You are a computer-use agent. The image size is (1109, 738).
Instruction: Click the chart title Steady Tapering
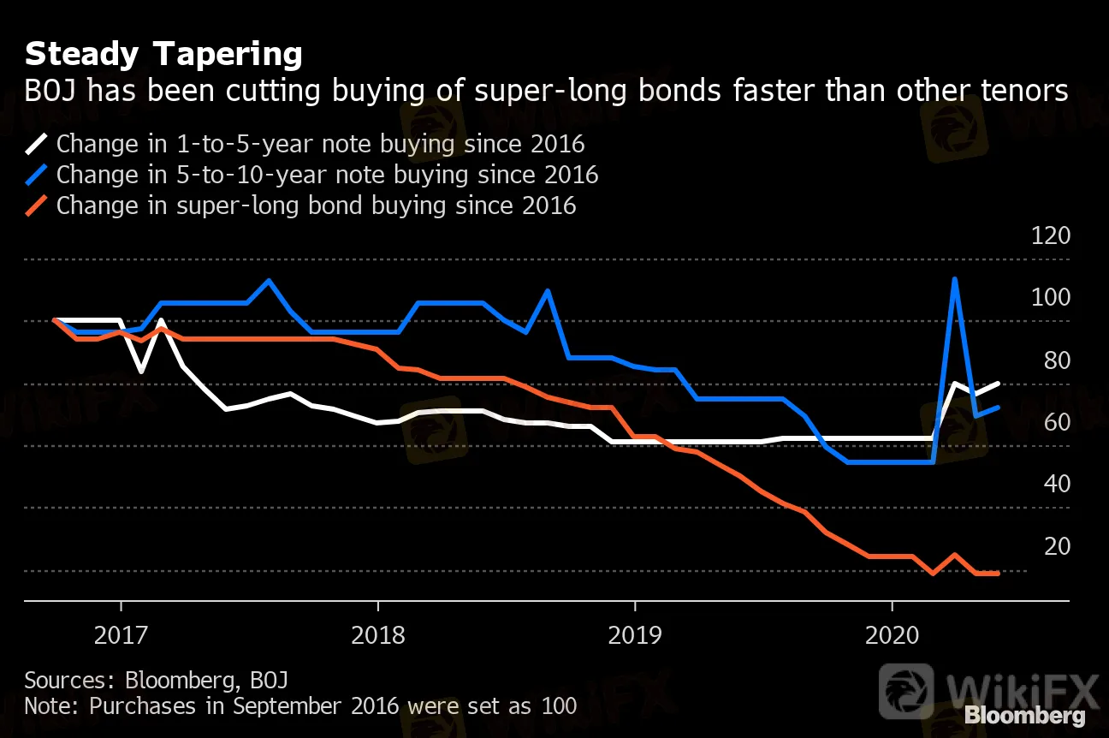pos(163,55)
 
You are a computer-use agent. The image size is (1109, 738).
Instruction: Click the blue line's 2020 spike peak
pos(953,280)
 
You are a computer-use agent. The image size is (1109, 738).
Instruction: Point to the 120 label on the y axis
pos(1051,235)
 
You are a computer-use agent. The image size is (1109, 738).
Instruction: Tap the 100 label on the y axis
pos(1051,298)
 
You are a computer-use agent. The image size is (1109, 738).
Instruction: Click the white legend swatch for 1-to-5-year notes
pos(38,144)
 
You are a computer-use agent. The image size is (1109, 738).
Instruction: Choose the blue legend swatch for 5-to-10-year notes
pos(38,175)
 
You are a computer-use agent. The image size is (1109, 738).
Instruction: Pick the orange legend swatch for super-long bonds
pos(38,206)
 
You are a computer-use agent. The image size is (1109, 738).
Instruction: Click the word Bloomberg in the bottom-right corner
pos(1025,716)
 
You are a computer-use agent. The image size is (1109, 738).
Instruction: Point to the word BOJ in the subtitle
pos(50,90)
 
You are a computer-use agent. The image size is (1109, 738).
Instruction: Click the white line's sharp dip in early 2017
pos(141,371)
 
